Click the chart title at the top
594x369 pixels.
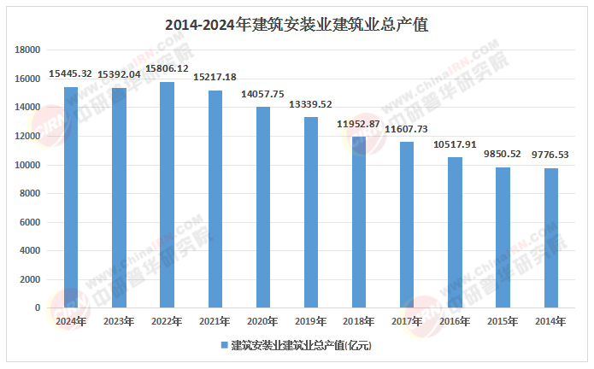pos(297,26)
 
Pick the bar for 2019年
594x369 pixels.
pos(311,212)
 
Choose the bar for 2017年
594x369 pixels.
pos(407,224)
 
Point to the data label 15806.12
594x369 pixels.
pos(167,68)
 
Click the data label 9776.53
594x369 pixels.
pos(551,155)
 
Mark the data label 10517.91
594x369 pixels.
pos(455,144)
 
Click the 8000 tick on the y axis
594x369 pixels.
pos(31,194)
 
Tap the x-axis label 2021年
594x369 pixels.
pos(215,322)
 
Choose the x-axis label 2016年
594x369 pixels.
pos(455,322)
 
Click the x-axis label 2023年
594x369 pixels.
pos(118,322)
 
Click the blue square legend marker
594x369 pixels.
pos(224,346)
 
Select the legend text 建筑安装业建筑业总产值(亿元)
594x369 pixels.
pos(301,346)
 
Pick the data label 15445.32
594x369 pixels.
pos(71,74)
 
